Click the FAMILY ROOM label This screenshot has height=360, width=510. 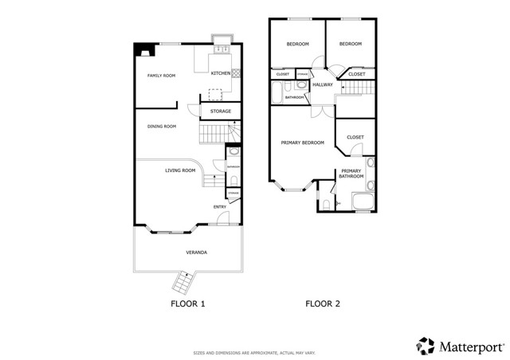[x=161, y=76]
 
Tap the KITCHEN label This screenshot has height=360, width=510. [x=221, y=73]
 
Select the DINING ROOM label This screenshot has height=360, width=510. [x=161, y=126]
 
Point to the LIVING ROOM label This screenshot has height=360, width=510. [x=180, y=170]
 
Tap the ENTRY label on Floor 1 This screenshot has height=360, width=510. [x=219, y=208]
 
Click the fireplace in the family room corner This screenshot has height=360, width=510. [x=143, y=51]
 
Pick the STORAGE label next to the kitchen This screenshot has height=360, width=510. [x=221, y=112]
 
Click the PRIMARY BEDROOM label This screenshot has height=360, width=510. [x=303, y=143]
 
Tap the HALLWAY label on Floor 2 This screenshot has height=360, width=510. [x=323, y=84]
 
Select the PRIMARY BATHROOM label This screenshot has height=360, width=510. [x=352, y=173]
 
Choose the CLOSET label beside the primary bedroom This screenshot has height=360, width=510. [x=355, y=137]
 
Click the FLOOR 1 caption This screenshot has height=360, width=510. [x=188, y=303]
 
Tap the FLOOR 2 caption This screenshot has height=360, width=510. [x=323, y=303]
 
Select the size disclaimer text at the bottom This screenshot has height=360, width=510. [x=254, y=352]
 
